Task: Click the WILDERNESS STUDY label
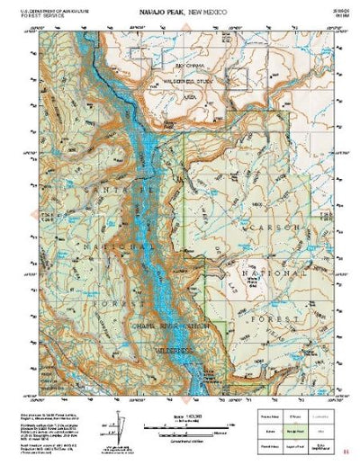[x=189, y=78]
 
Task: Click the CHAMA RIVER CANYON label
[x=170, y=325]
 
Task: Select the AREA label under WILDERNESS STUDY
[x=190, y=91]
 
